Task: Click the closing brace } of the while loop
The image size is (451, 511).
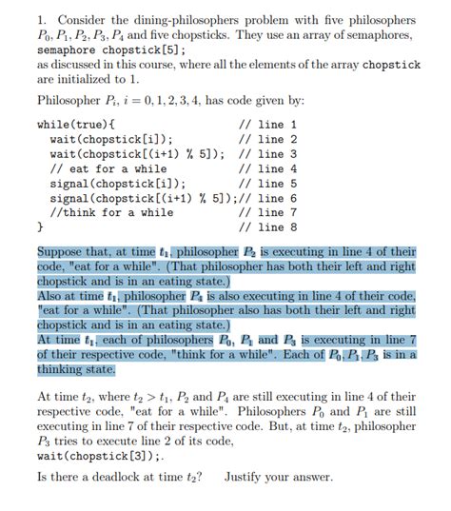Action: (39, 228)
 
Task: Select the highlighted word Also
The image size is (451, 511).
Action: (51, 296)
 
